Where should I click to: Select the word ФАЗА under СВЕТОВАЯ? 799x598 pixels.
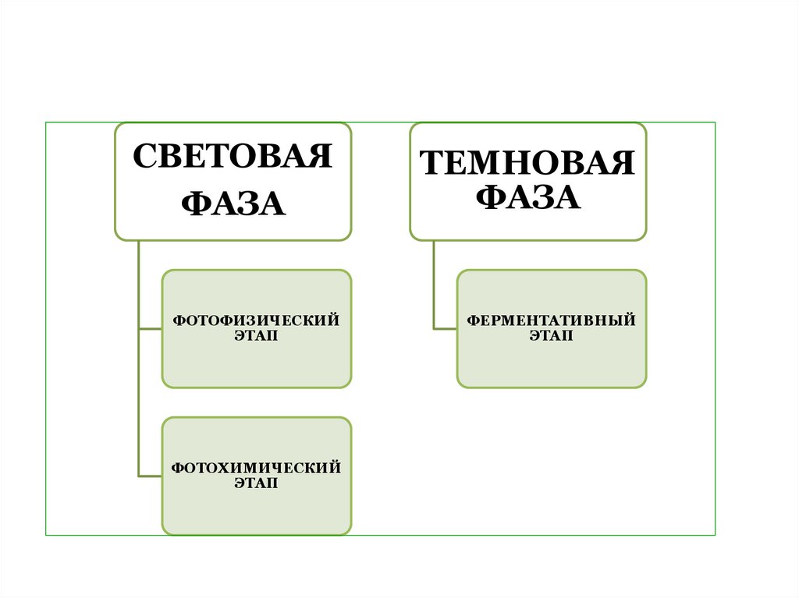pos(233,204)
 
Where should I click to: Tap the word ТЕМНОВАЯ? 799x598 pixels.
pos(527,165)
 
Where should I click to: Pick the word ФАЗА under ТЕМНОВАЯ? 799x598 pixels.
pos(527,197)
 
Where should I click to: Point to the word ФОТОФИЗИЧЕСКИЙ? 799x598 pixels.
pos(256,321)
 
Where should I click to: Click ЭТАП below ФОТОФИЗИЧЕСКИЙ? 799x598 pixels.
pos(256,336)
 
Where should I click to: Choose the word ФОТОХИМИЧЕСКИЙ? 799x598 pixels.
pos(256,469)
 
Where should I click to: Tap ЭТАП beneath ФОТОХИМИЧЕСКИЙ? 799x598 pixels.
pos(256,483)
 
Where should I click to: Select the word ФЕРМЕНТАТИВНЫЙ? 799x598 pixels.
pos(551,321)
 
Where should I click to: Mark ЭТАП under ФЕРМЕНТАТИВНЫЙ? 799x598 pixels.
pos(551,336)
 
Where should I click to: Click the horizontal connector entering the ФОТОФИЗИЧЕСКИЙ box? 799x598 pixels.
pos(150,329)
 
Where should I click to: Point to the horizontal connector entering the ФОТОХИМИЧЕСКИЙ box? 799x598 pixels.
pos(150,476)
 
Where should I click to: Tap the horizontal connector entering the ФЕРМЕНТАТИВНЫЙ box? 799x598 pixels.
pos(445,329)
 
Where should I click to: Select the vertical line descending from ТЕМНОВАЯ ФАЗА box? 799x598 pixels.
pos(433,285)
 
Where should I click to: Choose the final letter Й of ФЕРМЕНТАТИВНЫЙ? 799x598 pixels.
pos(630,321)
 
